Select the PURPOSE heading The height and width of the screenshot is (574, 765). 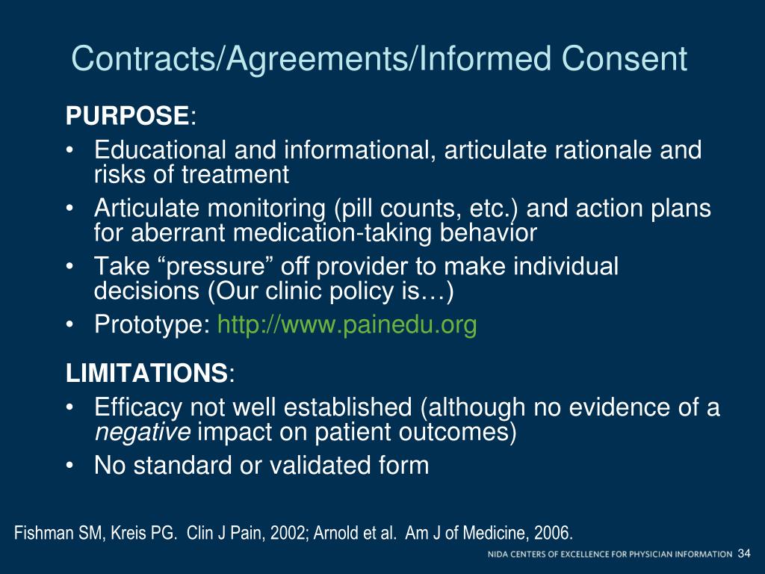[128, 117]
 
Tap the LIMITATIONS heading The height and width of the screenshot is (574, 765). [146, 372]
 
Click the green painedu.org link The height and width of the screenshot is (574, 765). [347, 325]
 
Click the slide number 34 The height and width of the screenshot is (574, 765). [743, 554]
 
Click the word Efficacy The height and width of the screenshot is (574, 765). [139, 408]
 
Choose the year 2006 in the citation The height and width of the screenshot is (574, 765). [551, 534]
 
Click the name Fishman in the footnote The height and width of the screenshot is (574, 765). [42, 534]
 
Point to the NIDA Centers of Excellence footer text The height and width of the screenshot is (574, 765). [610, 555]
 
